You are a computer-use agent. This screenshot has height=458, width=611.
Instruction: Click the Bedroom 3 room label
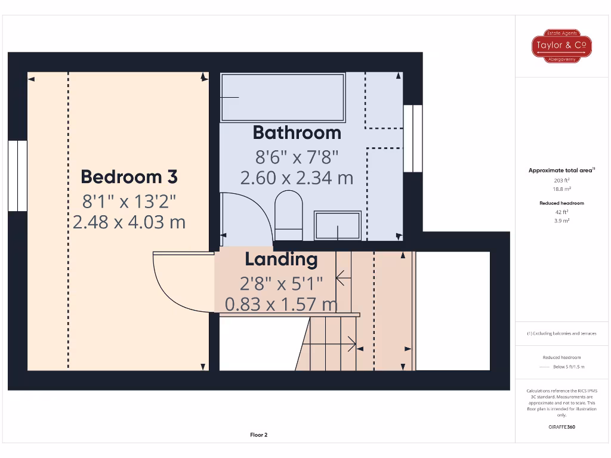pos(129,177)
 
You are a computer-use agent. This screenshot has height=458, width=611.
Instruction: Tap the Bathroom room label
pos(297,132)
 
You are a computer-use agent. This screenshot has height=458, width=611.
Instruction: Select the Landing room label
pos(281,259)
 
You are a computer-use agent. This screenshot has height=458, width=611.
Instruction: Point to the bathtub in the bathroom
pos(282,97)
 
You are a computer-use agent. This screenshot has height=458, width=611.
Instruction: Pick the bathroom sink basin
pos(338,225)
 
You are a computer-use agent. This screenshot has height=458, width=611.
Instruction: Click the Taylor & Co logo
pos(561,46)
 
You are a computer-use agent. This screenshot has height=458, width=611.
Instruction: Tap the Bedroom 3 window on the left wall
pos(18,176)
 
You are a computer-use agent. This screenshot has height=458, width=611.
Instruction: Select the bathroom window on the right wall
pos(412,138)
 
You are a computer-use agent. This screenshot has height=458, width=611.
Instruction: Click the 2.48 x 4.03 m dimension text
pos(129,222)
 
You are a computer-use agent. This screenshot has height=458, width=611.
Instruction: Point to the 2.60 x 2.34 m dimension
pos(297,178)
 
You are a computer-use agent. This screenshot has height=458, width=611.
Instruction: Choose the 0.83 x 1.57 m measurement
pos(281,305)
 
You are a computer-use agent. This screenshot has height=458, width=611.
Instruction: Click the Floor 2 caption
pos(258,435)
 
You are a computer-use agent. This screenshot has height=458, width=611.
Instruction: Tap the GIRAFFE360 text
pos(561,427)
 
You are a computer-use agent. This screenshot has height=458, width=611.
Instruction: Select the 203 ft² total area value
pos(561,180)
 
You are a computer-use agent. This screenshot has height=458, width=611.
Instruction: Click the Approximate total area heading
pos(561,171)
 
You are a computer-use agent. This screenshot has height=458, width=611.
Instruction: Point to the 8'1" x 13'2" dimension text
pos(129,201)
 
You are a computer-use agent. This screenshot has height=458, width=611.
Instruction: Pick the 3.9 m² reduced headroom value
pos(561,221)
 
